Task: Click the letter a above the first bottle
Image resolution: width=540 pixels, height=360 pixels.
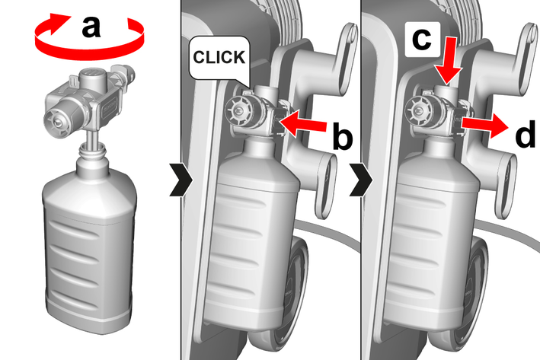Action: tap(91, 27)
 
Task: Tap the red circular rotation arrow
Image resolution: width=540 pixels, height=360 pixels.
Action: tap(89, 52)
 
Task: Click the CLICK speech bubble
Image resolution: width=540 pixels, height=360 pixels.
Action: tap(219, 59)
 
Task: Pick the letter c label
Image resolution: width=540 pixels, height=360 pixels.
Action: tap(421, 39)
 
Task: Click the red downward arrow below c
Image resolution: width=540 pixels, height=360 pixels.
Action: tap(447, 61)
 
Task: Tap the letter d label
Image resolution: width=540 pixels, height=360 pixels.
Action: tap(525, 134)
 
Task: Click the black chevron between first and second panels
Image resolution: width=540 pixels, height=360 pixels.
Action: tap(181, 180)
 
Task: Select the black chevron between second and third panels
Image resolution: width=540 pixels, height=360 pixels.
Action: tap(361, 180)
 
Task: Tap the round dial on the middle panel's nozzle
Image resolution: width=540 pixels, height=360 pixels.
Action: tap(238, 111)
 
